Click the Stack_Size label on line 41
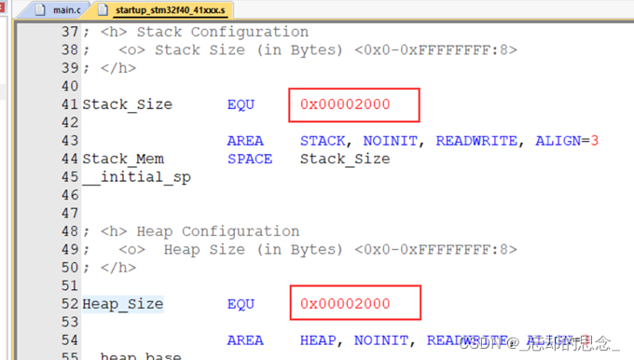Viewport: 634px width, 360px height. tap(127, 104)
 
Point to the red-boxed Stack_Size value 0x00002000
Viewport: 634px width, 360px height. tap(345, 104)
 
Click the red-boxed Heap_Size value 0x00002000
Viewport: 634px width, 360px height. tap(345, 304)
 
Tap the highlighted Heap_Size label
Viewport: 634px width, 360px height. tap(122, 304)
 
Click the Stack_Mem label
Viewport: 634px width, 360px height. tap(123, 159)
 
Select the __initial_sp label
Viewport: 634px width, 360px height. tap(136, 177)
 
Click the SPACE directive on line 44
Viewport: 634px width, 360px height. tap(250, 159)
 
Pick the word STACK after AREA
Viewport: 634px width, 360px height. tap(326, 141)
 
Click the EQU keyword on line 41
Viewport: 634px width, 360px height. tap(241, 104)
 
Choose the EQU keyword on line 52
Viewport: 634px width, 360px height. tap(241, 304)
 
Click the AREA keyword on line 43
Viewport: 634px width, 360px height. tap(245, 141)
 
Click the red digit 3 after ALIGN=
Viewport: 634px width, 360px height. tap(594, 141)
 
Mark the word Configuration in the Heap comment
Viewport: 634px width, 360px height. tap(241, 231)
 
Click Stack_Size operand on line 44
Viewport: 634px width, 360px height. tap(345, 159)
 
